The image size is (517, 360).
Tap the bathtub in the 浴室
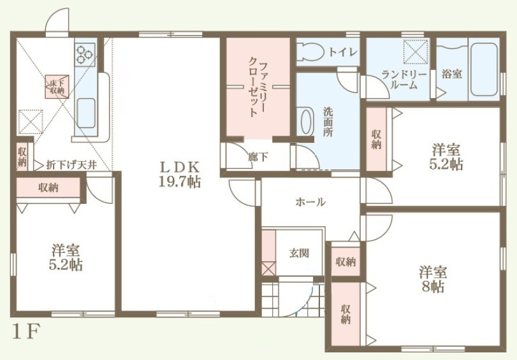point(483,69)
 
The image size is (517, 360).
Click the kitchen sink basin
point(87,113)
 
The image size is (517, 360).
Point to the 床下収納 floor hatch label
point(57,87)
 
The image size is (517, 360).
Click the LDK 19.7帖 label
point(180,175)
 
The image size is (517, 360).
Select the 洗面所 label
point(328,122)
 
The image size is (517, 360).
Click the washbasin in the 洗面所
point(305,121)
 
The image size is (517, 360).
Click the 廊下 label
point(258,157)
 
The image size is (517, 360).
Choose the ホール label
point(310,202)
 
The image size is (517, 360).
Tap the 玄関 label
point(299,253)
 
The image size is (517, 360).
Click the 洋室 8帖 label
point(433,280)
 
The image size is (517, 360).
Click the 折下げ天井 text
point(71,165)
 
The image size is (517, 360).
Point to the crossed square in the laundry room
point(416,51)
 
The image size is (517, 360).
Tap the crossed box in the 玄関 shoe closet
point(269,268)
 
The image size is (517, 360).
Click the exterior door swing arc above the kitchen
point(57,20)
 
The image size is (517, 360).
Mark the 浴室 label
point(452,74)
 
